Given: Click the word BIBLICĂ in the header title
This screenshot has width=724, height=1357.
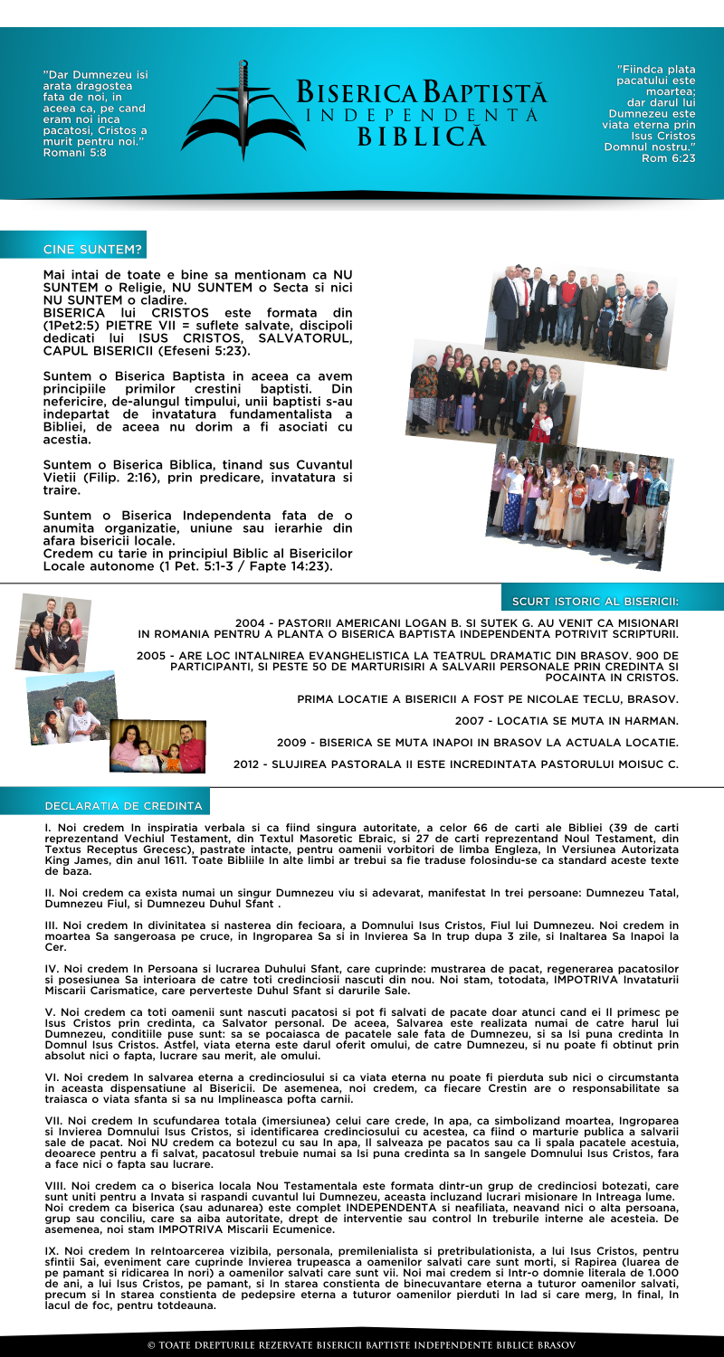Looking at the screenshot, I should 419,138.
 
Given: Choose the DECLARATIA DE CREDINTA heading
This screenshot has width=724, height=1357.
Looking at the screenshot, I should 124,780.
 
